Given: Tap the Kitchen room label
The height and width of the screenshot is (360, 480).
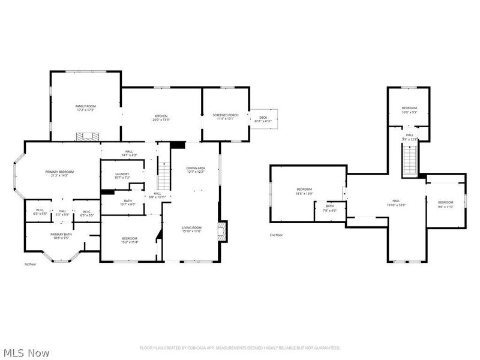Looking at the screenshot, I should click(161, 118).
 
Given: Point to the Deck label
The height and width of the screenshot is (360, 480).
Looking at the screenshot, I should click(263, 119).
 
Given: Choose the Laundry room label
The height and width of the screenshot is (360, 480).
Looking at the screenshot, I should click(122, 176).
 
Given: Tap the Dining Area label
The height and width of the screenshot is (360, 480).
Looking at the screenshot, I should click(195, 170).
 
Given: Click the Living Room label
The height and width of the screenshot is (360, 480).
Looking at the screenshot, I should click(192, 229).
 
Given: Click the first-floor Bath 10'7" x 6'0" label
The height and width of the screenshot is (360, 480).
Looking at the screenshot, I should click(128, 203).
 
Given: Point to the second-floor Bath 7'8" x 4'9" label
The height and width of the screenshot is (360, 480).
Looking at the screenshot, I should click(330, 208).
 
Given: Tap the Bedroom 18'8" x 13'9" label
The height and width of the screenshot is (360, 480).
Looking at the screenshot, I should click(305, 192).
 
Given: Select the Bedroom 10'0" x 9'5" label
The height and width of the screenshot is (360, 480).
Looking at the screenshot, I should click(409, 110).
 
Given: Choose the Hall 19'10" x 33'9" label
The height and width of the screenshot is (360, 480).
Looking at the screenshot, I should click(396, 203).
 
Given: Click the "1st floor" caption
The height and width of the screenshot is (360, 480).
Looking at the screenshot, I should click(31, 265).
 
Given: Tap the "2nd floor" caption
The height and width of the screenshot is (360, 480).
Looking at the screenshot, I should click(276, 235).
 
